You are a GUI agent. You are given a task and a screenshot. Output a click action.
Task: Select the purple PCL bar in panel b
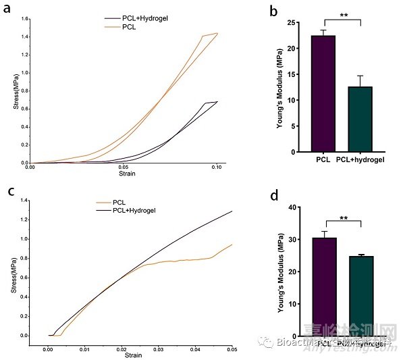323,94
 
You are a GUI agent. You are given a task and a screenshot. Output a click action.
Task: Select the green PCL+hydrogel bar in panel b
360,119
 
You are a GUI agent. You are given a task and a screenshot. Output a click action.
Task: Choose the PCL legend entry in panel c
120,202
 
